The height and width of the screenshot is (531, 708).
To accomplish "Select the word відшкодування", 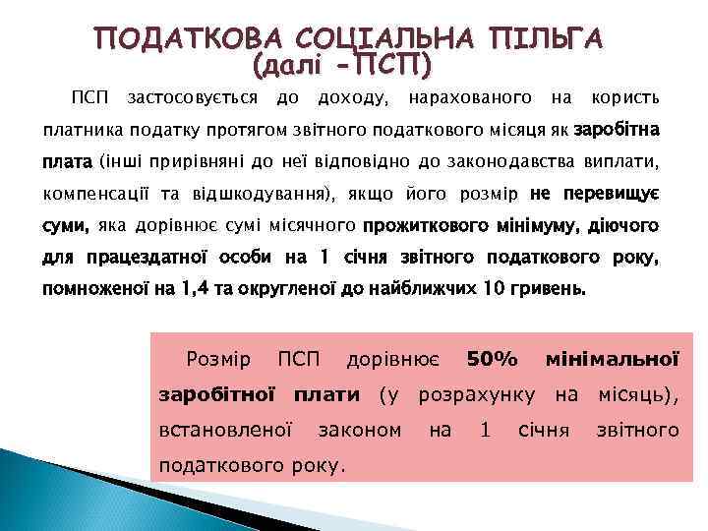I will click(266, 194).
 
